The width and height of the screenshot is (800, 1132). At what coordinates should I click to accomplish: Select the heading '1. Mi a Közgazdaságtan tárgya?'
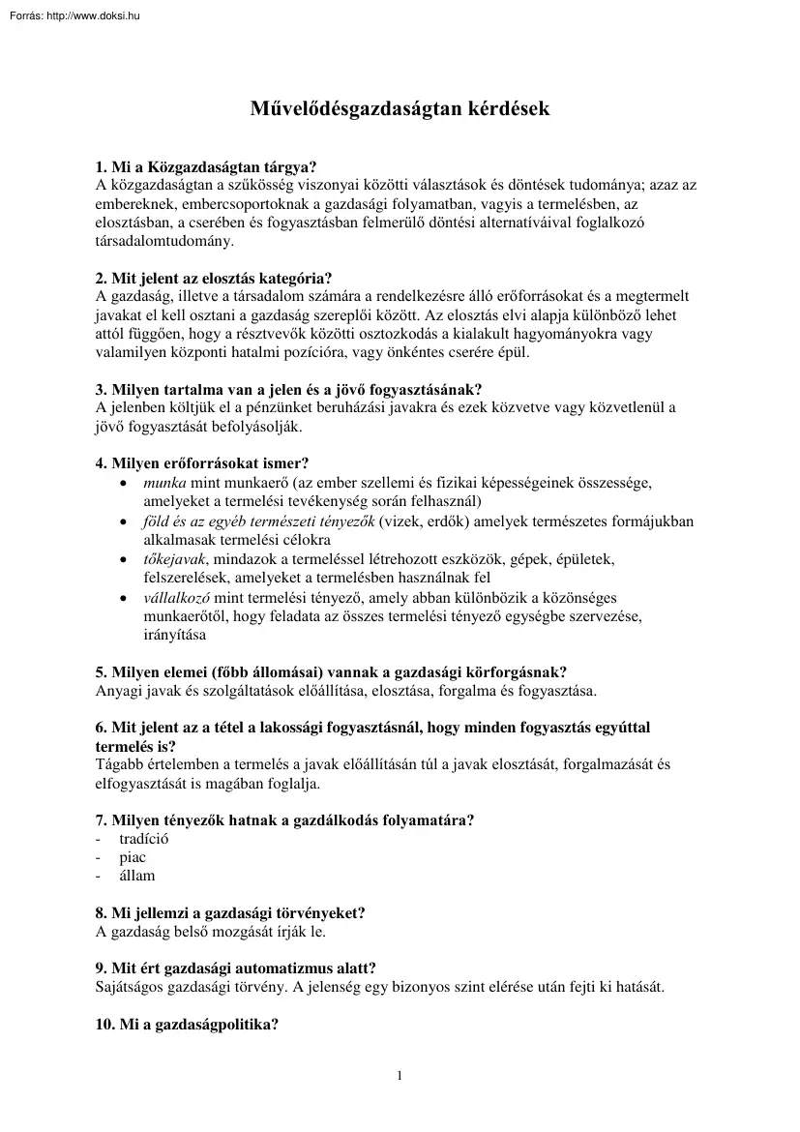pyautogui.click(x=206, y=166)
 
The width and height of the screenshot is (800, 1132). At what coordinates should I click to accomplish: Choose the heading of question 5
pyautogui.click(x=331, y=671)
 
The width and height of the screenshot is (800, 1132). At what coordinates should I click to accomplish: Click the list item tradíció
pyautogui.click(x=144, y=839)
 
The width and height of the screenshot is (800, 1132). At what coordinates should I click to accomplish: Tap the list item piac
pyautogui.click(x=133, y=857)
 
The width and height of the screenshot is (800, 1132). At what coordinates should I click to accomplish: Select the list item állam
pyautogui.click(x=137, y=876)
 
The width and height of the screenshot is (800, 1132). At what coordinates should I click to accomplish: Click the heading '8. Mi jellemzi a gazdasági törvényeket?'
pyautogui.click(x=230, y=913)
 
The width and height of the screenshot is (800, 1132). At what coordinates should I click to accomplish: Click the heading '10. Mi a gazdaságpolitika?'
pyautogui.click(x=188, y=1025)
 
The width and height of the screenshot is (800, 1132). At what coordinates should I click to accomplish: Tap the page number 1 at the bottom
pyautogui.click(x=400, y=1076)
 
